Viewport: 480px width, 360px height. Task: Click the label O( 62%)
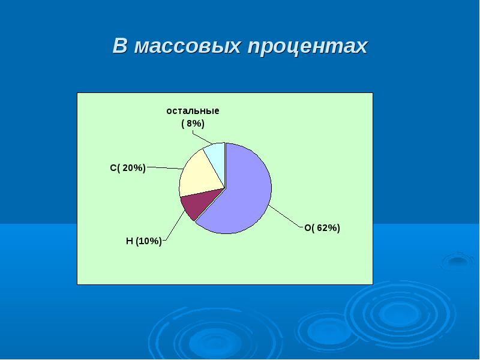point(322,228)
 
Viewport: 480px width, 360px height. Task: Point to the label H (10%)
point(143,241)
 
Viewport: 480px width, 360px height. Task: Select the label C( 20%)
point(128,168)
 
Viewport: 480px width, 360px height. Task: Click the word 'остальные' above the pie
point(193,111)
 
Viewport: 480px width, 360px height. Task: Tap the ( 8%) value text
point(193,124)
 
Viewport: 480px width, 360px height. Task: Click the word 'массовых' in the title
point(187,47)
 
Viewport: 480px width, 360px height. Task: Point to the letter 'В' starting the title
point(119,46)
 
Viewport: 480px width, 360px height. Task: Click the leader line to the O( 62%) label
point(286,217)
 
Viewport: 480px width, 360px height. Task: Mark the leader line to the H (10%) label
point(174,226)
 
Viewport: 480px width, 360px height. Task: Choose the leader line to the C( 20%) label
point(165,168)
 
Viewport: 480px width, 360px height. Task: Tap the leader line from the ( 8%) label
point(203,137)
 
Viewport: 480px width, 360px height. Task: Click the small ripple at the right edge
point(458,261)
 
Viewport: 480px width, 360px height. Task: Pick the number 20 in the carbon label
point(128,168)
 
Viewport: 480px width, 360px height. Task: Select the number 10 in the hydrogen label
point(144,241)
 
